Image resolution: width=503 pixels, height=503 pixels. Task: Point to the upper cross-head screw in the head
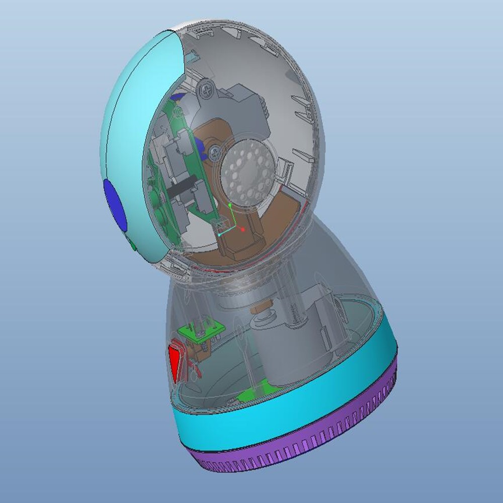pos(206,92)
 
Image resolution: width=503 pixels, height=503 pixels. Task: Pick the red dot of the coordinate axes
pos(242,229)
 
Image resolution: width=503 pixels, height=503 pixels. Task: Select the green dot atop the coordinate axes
pos(230,205)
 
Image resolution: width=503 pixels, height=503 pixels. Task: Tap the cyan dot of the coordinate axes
pos(220,234)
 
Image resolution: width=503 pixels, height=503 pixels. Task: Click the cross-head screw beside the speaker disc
pos(215,149)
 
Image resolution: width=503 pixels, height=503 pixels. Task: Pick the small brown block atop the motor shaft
pos(261,307)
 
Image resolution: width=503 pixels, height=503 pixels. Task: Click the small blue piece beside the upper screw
pos(177,97)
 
